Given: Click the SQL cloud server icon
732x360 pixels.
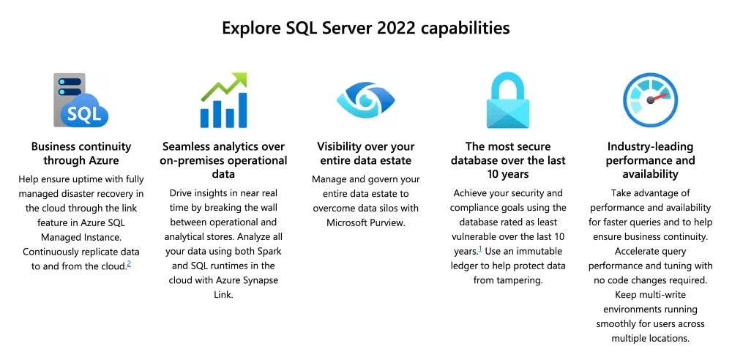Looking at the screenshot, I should tap(81, 100).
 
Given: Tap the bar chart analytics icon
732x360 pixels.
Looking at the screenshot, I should tap(223, 101).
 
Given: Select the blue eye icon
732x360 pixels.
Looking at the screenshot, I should tap(365, 101).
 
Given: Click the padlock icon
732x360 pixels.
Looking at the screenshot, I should tap(508, 101).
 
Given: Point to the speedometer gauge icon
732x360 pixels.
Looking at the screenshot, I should tap(650, 100).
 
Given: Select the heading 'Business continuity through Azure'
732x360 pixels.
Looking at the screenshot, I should tap(81, 154).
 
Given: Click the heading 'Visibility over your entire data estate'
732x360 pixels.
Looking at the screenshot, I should tap(365, 154).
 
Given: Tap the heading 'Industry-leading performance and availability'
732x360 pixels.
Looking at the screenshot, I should tap(650, 160).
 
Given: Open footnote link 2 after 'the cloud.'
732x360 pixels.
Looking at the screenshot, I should tap(129, 263).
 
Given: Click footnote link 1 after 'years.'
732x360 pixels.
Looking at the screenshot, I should tap(480, 250).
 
